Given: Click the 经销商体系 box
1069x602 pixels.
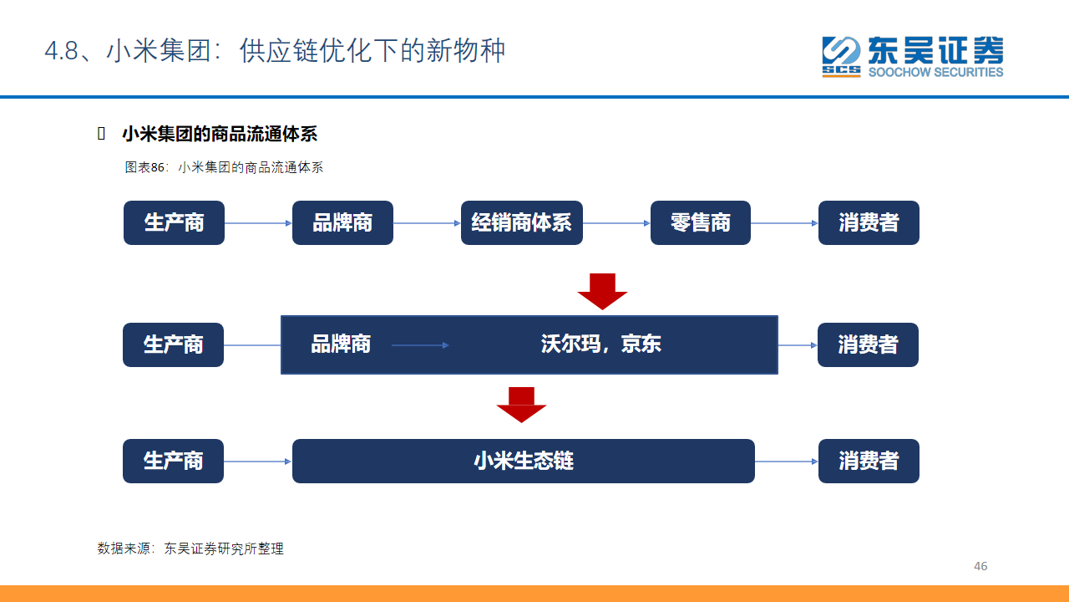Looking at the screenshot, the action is pyautogui.click(x=522, y=222).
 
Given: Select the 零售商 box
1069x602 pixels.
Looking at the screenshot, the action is pyautogui.click(x=701, y=222).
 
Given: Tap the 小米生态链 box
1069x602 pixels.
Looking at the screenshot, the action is pyautogui.click(x=524, y=461).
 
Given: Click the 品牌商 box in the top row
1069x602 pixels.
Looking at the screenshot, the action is pyautogui.click(x=342, y=222).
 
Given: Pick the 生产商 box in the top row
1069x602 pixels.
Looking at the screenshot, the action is pyautogui.click(x=174, y=222).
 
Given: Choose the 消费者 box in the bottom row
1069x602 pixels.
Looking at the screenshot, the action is pyautogui.click(x=869, y=461).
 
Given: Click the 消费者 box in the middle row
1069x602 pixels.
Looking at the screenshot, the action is pyautogui.click(x=868, y=345).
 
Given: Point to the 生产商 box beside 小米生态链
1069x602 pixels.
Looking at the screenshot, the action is pyautogui.click(x=173, y=461).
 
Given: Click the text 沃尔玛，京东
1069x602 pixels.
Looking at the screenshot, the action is pyautogui.click(x=600, y=344).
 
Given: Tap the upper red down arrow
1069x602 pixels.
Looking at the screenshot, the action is pyautogui.click(x=602, y=292).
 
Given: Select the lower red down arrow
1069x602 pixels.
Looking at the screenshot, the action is pyautogui.click(x=521, y=406).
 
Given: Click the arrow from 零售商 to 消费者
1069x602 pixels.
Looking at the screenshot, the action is pyautogui.click(x=784, y=223).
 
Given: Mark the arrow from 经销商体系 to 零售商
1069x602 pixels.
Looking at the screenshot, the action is pyautogui.click(x=616, y=223).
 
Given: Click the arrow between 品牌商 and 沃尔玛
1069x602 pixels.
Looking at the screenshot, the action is pyautogui.click(x=420, y=345).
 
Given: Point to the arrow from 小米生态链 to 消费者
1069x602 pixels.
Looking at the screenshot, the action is pyautogui.click(x=787, y=462).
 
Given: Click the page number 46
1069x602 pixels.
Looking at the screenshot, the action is pyautogui.click(x=980, y=566).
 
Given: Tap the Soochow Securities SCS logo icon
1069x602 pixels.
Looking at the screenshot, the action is pyautogui.click(x=841, y=56).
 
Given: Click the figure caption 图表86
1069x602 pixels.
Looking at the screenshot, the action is pyautogui.click(x=144, y=167).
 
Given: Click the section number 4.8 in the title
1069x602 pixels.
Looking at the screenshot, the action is pyautogui.click(x=61, y=51).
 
